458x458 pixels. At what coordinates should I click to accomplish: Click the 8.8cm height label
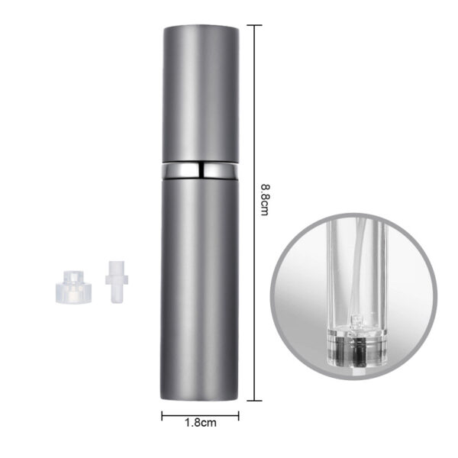[x=264, y=199]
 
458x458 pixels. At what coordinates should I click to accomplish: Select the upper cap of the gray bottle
[x=202, y=92]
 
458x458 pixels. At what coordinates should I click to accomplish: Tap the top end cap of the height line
[x=253, y=24]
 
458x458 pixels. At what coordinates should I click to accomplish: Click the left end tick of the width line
[x=163, y=416]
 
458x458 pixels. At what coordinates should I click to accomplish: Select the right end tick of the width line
[x=239, y=416]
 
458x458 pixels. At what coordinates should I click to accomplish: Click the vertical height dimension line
[x=253, y=114]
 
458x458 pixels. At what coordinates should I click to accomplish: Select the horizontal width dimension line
[x=200, y=416]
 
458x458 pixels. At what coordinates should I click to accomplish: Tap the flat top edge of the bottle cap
[x=202, y=26]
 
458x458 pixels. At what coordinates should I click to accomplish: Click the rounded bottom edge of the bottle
[x=202, y=398]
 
